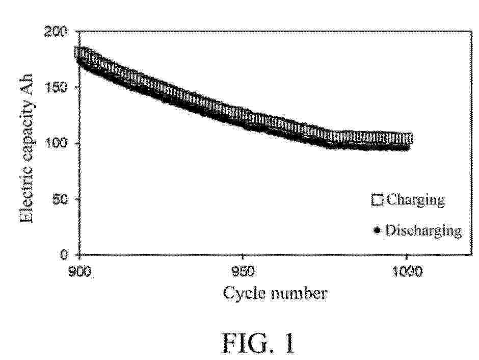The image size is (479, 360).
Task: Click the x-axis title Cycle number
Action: point(275,293)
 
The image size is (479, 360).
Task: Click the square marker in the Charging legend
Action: point(378,199)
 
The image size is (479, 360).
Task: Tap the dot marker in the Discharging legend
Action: point(378,230)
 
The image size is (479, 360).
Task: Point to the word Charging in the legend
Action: point(415,199)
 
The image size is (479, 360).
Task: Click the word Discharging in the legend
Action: point(423,230)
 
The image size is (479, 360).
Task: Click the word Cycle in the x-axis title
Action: point(241,293)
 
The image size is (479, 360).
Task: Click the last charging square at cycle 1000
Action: point(407,138)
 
